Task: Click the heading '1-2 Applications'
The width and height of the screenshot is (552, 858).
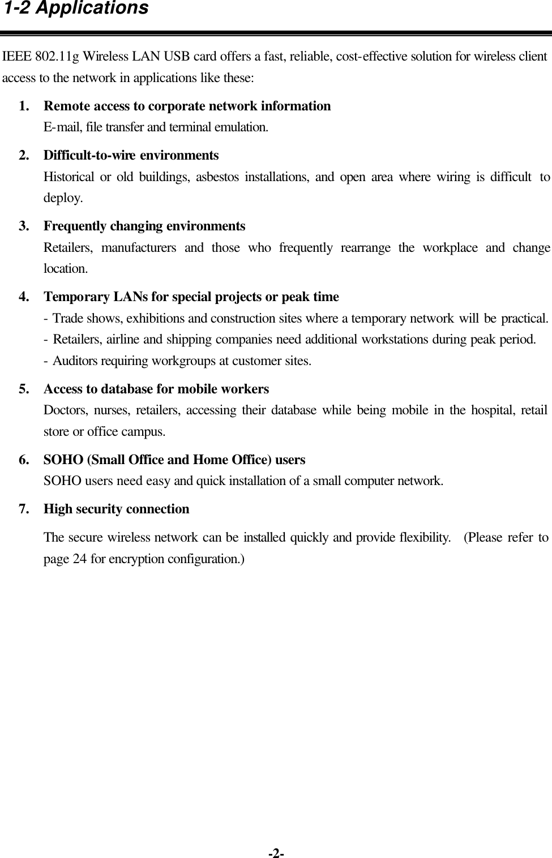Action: tap(76, 9)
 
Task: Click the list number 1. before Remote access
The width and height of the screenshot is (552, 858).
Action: tap(24, 106)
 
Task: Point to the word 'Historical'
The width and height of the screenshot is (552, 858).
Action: tap(69, 177)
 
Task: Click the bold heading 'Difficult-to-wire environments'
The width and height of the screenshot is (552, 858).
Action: tap(131, 155)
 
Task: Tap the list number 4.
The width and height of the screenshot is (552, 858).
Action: tap(24, 297)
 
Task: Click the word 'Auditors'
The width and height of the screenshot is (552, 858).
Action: tap(75, 361)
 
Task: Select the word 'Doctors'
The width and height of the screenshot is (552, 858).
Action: tap(63, 410)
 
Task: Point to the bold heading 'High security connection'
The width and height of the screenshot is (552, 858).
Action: tap(117, 509)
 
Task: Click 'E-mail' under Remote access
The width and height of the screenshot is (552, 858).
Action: tap(63, 127)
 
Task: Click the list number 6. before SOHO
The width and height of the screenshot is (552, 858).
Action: tap(24, 460)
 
